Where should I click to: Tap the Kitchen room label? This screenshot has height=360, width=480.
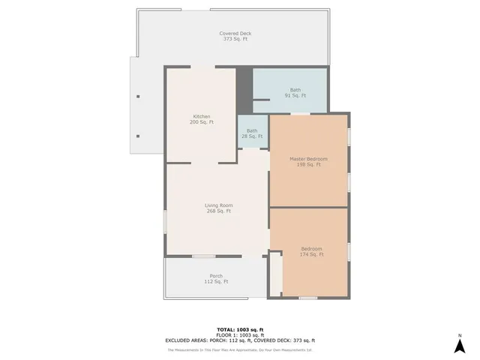point(202,116)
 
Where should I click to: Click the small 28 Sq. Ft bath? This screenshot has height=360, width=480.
point(252,133)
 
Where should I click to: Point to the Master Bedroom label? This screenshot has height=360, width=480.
point(308,159)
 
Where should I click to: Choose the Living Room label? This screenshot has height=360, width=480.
point(218,205)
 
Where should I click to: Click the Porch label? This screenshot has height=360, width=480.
point(216,276)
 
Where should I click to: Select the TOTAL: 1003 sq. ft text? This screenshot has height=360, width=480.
point(240,330)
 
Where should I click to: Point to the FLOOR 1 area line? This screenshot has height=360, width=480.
point(240,335)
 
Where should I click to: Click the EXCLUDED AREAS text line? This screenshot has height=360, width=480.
point(240,340)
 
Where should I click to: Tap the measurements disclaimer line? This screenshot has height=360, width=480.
point(240,349)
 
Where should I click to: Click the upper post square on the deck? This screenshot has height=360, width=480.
point(138,97)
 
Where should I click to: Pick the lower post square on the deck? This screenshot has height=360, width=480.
point(138,136)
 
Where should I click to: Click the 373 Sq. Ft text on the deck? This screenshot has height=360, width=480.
point(235,39)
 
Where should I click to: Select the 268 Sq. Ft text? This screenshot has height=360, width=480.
point(218,211)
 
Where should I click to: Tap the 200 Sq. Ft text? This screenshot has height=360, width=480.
point(202,121)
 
